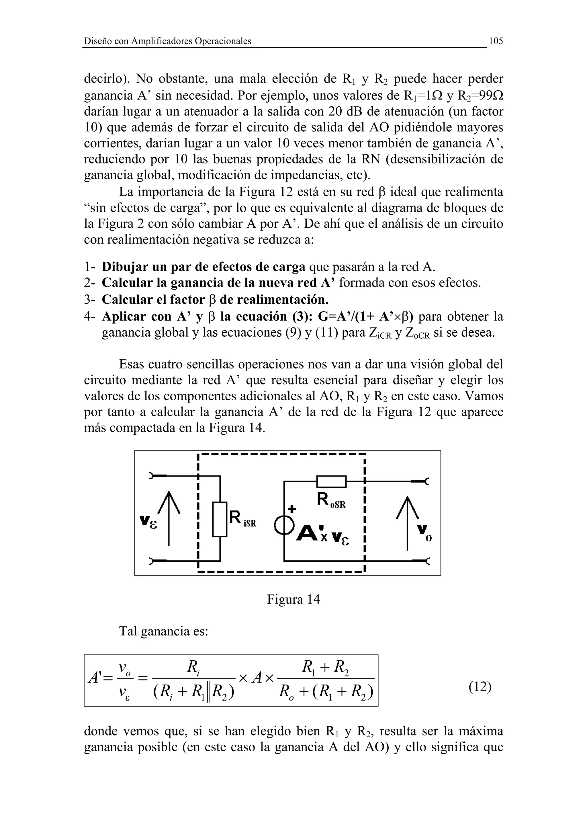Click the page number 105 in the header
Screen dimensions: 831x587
(496, 41)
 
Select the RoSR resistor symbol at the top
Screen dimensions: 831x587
(331, 481)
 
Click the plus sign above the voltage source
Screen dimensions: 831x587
(291, 509)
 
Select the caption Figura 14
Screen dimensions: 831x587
(293, 599)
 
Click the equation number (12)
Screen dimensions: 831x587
(480, 686)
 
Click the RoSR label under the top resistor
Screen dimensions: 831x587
(331, 501)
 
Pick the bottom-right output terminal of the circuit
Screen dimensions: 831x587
(421, 561)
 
